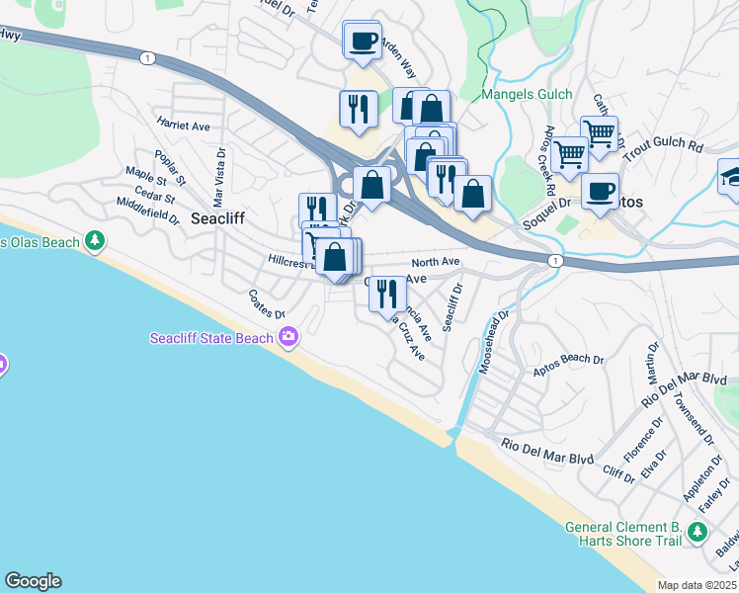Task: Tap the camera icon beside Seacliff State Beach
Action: point(288,339)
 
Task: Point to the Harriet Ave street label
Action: point(183,127)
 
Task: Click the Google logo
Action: point(33,581)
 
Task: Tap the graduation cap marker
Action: point(732,177)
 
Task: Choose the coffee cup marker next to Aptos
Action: point(600,190)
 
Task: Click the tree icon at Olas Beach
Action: point(95,240)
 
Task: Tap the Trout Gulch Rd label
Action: point(668,145)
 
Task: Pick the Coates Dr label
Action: point(267,303)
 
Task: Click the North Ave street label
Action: point(436,262)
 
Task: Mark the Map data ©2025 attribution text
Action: point(696,585)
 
